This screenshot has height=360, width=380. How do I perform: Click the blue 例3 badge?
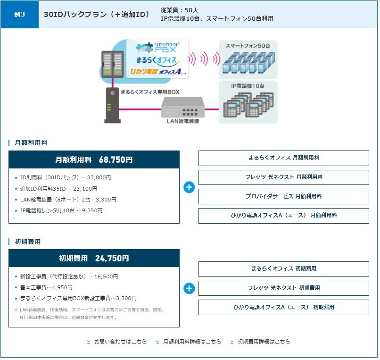tap(19, 14)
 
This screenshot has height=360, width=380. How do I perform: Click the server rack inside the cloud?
tap(113, 64)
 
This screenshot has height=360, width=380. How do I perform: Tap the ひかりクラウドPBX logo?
tap(157, 48)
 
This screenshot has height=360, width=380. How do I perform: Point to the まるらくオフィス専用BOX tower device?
tap(113, 105)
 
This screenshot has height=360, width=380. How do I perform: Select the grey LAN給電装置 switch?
tap(183, 107)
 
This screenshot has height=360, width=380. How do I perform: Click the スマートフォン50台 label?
tap(248, 46)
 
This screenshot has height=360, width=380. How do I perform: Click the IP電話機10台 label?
tap(248, 86)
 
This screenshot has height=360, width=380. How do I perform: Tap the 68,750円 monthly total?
tap(116, 159)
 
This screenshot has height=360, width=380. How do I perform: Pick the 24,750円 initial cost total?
tap(112, 258)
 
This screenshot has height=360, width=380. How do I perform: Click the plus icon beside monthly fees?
tap(189, 187)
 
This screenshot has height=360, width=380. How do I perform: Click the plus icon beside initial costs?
tap(189, 288)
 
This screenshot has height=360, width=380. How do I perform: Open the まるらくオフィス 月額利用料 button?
tap(284, 158)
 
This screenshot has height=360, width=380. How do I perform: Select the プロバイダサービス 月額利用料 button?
tap(284, 196)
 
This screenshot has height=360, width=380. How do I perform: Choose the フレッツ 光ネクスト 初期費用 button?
tap(284, 288)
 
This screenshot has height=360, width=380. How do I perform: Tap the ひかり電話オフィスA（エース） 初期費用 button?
tap(284, 307)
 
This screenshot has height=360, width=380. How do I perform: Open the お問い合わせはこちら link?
tap(117, 342)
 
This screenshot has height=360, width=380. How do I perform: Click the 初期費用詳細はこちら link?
tap(260, 342)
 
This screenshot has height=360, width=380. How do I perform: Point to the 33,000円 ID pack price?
tap(99, 177)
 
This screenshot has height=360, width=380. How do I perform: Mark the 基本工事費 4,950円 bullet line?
tap(44, 287)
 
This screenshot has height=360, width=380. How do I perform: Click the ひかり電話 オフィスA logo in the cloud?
tap(158, 72)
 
